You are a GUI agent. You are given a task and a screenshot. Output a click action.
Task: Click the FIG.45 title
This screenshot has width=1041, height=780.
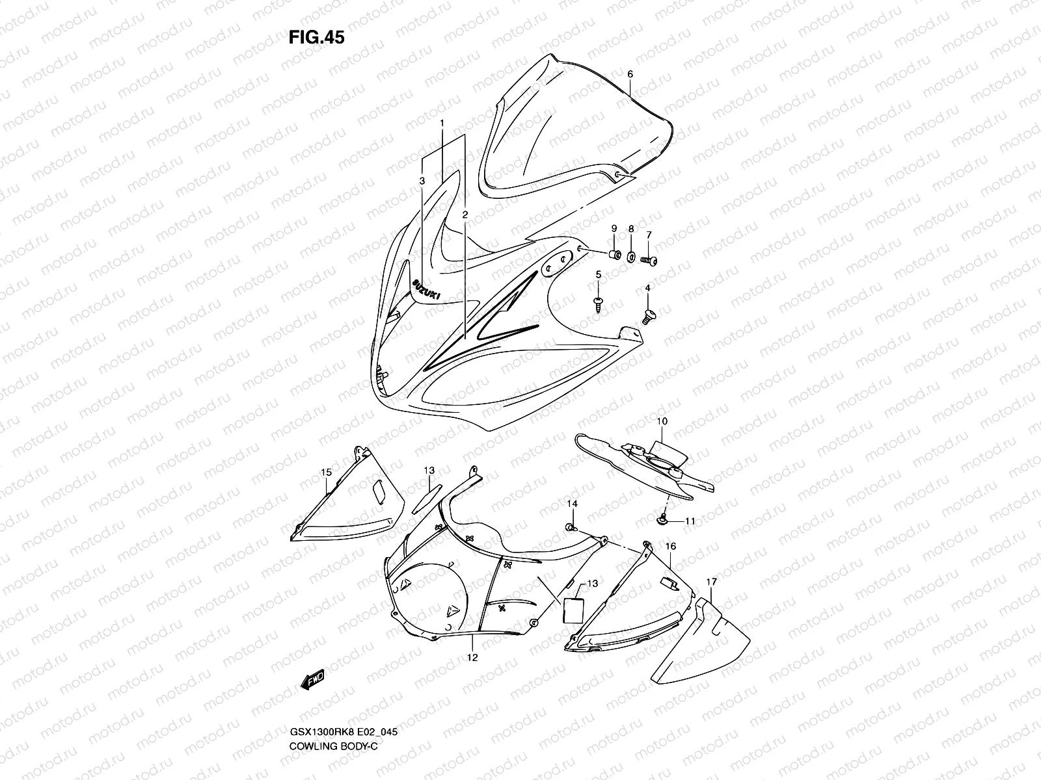(316, 38)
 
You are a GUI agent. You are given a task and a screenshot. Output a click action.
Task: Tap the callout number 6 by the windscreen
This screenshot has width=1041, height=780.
(630, 74)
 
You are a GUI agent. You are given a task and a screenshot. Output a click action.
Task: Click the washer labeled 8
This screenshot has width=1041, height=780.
(632, 257)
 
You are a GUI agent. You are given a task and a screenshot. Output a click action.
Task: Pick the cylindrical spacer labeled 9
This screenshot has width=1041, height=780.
(613, 253)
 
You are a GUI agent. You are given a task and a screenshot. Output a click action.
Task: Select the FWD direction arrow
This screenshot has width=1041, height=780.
(312, 680)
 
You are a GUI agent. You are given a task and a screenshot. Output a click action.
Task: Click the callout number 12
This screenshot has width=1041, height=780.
(472, 657)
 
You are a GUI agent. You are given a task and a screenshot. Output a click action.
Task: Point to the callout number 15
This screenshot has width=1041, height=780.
(326, 472)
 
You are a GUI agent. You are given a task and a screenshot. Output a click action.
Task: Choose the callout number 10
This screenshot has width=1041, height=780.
(662, 421)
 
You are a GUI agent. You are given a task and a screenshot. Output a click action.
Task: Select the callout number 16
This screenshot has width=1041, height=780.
(671, 547)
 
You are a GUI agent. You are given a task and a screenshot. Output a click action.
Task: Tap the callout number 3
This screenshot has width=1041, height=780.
(422, 180)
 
